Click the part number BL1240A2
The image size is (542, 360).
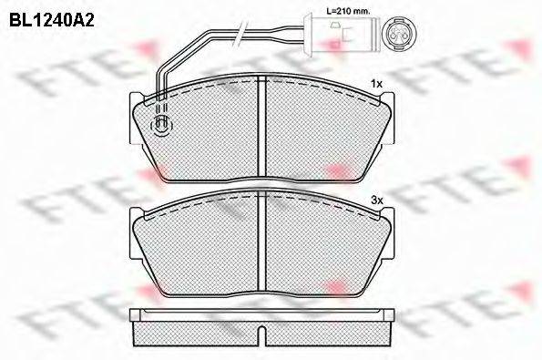[x=52, y=20]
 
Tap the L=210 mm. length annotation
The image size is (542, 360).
[x=348, y=11]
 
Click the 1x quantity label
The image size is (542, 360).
[x=376, y=84]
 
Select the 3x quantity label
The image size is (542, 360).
[x=377, y=200]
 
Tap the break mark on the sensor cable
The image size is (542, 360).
[x=240, y=34]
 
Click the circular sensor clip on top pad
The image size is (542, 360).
[x=161, y=126]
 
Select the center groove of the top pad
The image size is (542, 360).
[x=262, y=129]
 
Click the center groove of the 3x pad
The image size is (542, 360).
[x=262, y=242]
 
